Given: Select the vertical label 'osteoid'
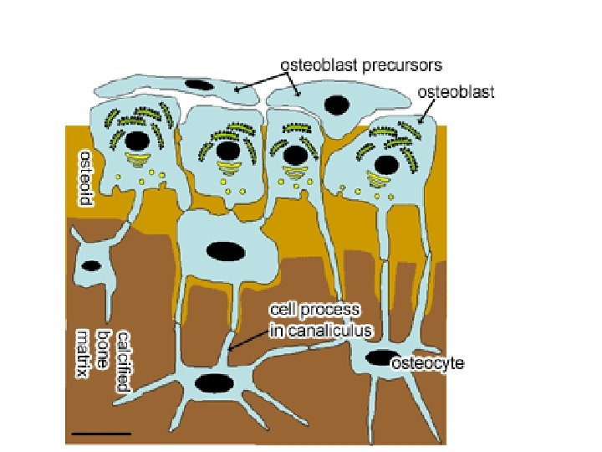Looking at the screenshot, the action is [x=84, y=178].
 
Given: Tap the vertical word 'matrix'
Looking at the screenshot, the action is [x=83, y=354].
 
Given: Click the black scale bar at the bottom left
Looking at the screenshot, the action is [x=102, y=434].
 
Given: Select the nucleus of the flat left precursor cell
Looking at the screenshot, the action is [x=199, y=85].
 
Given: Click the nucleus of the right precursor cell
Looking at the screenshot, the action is [x=337, y=105].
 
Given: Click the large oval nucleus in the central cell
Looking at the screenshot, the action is [x=224, y=250].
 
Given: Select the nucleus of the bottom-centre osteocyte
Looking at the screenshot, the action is [x=215, y=383].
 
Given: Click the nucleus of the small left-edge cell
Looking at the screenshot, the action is [x=90, y=266].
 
